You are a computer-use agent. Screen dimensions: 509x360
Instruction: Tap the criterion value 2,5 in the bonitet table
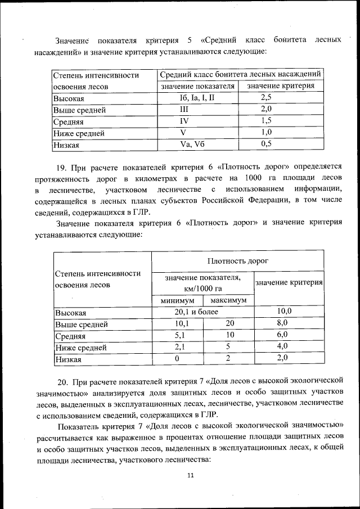267,97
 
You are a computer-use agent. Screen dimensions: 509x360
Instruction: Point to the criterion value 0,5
267,144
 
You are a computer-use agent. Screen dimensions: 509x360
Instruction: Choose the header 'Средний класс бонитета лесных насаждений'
241,74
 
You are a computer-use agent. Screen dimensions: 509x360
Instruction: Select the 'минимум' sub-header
177,300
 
